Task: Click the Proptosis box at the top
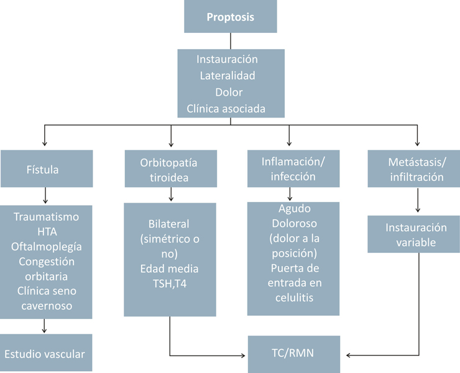coord(230,17)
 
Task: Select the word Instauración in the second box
coord(227,60)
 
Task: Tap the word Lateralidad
coord(227,76)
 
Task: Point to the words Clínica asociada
coord(226,109)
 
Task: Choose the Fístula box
coord(46,168)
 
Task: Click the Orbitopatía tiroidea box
coord(169,169)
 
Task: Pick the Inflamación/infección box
coord(293,169)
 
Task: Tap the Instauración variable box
coord(413,234)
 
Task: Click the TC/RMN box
coord(294,354)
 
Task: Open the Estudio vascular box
coord(46,353)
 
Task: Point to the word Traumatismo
coord(46,217)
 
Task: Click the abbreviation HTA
coord(46,231)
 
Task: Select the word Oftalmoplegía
coord(46,246)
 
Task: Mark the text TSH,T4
coord(169,283)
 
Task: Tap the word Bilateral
coord(169,223)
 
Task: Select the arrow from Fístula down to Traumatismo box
coord(46,196)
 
